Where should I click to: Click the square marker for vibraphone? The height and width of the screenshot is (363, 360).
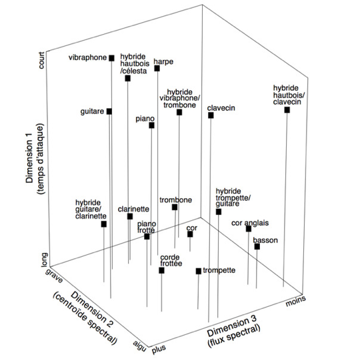click(x=112, y=58)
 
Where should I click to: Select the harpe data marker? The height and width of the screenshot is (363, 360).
click(x=157, y=68)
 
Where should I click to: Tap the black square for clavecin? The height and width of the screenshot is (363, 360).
click(x=211, y=115)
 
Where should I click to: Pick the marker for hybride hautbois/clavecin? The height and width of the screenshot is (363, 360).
click(x=287, y=109)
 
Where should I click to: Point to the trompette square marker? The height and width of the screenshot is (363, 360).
click(x=199, y=271)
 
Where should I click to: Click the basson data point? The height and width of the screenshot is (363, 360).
click(x=257, y=246)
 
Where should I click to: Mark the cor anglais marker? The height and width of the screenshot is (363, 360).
click(x=249, y=229)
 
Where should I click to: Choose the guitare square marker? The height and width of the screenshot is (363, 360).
click(x=109, y=111)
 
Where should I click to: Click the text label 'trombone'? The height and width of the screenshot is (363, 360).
click(x=176, y=200)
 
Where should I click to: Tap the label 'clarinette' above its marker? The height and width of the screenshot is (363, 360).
click(x=133, y=209)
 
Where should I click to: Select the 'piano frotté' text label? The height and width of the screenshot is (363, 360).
click(x=147, y=227)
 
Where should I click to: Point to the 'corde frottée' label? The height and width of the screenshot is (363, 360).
click(x=171, y=260)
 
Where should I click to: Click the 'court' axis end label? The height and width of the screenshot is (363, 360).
click(x=41, y=61)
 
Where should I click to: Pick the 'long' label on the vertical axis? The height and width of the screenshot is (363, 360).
click(x=45, y=260)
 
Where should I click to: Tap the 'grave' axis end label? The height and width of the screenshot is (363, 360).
click(x=54, y=276)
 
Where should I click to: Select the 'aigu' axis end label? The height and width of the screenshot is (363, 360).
click(x=140, y=346)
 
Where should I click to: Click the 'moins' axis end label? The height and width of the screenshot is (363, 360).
click(x=296, y=301)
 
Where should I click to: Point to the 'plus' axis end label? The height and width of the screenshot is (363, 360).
click(x=159, y=350)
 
